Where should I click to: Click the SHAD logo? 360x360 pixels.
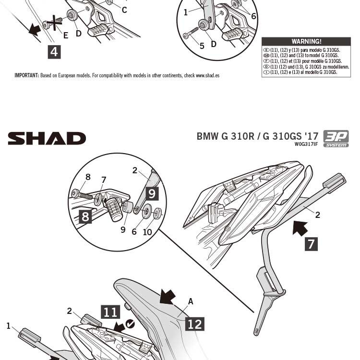[x=47, y=139]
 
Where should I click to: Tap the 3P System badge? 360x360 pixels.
[x=336, y=138]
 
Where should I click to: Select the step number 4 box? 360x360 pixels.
[x=54, y=51]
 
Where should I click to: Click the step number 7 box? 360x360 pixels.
[x=311, y=244]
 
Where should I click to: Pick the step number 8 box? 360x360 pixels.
[x=85, y=216]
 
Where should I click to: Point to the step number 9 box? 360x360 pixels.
[x=152, y=193]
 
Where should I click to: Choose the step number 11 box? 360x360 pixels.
[x=110, y=312]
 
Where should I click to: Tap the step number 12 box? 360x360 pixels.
[x=194, y=324]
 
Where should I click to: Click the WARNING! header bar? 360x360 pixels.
[x=306, y=42]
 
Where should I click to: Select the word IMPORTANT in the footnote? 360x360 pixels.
[x=26, y=75]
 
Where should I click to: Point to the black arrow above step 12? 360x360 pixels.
[x=168, y=296]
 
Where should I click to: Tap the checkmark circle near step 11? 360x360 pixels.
[x=130, y=324]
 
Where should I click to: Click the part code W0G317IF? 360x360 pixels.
[x=306, y=144]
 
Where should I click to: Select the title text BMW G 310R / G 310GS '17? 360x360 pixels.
[x=257, y=136]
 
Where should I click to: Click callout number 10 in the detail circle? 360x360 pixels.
[x=147, y=232]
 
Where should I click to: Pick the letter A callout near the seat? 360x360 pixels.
[x=191, y=301]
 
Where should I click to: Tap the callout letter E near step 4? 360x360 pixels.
[x=66, y=35]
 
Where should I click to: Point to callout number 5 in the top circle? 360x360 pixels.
[x=202, y=46]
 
